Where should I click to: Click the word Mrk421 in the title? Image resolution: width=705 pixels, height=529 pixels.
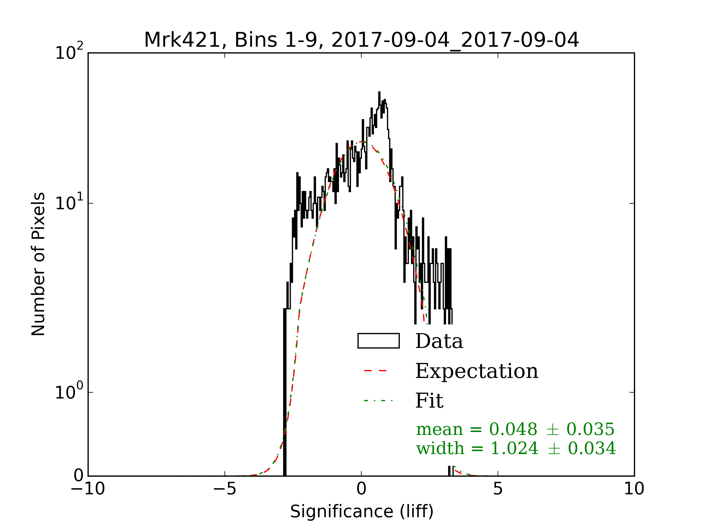pos(182,40)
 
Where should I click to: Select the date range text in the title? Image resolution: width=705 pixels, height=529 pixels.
pos(455,40)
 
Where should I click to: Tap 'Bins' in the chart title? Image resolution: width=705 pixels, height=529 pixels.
pos(255,40)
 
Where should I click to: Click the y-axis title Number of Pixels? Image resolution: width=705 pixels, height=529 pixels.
pos(38,264)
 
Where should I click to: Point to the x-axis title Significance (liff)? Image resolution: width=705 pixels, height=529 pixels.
pos(361,512)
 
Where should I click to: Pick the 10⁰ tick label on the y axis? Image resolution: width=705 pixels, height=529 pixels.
pos(69,391)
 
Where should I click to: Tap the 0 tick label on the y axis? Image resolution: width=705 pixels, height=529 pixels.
pos(79,476)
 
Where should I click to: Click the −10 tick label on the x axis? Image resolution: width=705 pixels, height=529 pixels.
pos(88,489)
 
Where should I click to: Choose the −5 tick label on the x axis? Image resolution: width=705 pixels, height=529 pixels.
pos(224,489)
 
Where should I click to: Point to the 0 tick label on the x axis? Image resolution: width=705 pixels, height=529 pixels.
pos(361,489)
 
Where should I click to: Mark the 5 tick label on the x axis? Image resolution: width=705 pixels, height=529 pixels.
pos(498,489)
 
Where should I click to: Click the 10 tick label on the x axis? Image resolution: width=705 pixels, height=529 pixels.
pos(634,489)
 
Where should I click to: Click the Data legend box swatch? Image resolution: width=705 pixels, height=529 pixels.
pos(378,341)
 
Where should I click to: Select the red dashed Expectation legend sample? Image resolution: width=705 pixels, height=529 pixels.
pos(375,371)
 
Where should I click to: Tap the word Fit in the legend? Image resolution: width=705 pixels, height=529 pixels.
pos(429,401)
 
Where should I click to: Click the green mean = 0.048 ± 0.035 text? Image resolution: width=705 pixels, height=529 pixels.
pos(515,429)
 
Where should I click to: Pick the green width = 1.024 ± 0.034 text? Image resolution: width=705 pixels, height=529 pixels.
pos(516,448)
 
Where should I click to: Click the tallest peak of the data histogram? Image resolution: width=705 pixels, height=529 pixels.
pos(379,93)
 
